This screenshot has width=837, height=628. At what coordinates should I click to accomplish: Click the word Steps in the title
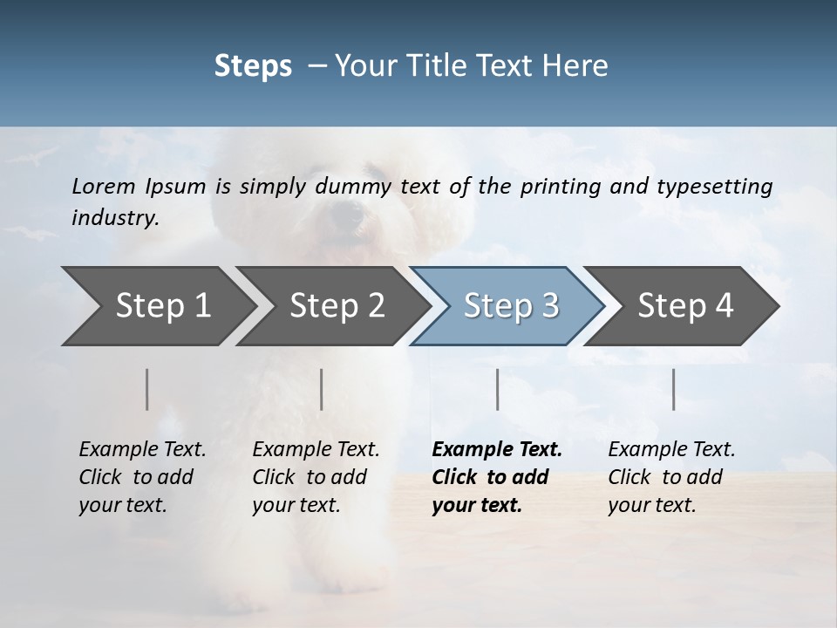point(253,66)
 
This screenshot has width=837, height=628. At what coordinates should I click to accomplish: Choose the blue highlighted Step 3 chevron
point(511,305)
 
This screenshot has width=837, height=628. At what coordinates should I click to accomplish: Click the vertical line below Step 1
point(147,389)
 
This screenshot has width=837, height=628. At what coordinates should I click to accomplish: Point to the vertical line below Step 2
point(322,389)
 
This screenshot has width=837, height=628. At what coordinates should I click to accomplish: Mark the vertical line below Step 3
point(498,389)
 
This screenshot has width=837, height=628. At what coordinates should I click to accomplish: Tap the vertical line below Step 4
point(673,389)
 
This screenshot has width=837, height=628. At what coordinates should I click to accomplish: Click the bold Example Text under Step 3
point(497,450)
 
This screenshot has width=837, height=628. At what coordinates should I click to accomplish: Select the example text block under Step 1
point(142,477)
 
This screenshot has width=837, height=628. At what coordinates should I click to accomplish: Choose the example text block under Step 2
point(316,477)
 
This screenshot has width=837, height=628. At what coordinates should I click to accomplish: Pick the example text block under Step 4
point(671,477)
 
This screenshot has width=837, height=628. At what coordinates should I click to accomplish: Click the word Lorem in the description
point(104,186)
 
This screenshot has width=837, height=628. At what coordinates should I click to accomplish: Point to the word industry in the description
point(114,218)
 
